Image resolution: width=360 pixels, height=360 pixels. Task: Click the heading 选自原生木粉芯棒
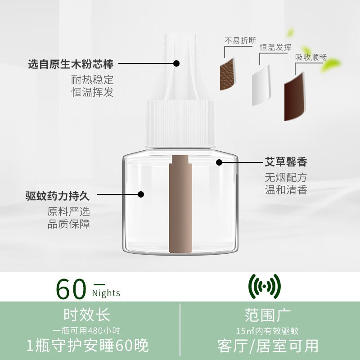coord(71,64)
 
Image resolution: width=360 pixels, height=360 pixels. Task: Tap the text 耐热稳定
coord(93,80)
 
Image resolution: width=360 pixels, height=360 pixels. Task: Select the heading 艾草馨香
coord(286,162)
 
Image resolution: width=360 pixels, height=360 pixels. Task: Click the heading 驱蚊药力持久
coord(58,196)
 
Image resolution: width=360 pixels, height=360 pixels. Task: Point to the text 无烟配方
coord(286,177)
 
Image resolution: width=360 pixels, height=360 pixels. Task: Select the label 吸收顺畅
coord(311,58)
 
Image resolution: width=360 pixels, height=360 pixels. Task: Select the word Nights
coord(106,293)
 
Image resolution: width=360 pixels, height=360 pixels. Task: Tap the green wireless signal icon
coord(265,287)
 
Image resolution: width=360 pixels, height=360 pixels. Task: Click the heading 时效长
coord(87,314)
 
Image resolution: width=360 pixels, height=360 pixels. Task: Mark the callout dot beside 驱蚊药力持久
coord(141,195)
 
